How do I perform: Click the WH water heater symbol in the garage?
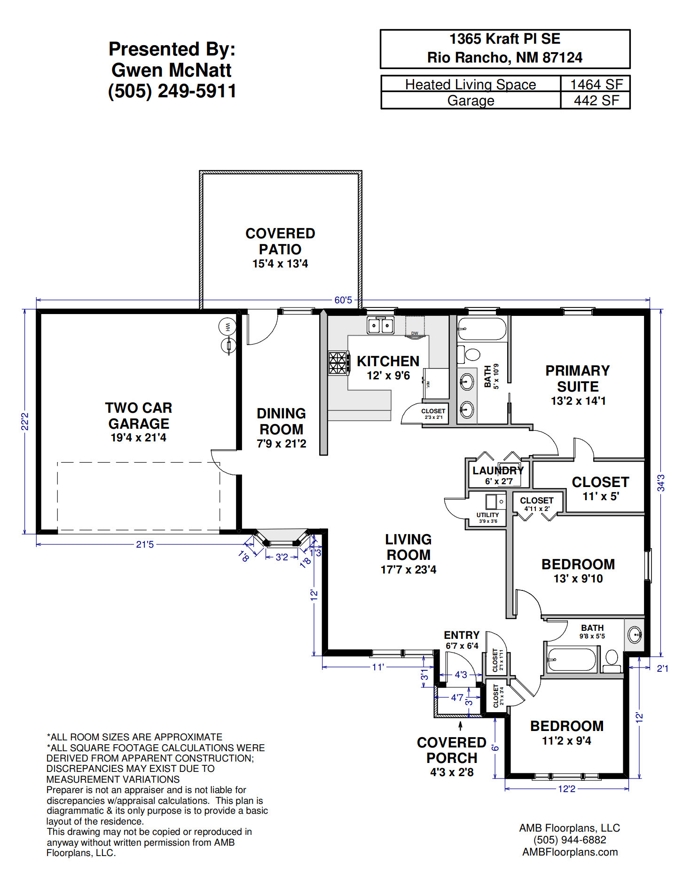pyautogui.click(x=228, y=326)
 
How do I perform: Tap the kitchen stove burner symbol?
pyautogui.click(x=338, y=363)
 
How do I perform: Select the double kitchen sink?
pyautogui.click(x=381, y=325)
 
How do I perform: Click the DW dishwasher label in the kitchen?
pyautogui.click(x=415, y=333)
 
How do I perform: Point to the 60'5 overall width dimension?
pyautogui.click(x=343, y=300)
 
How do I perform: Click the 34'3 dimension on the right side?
pyautogui.click(x=661, y=483)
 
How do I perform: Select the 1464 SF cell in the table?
pyautogui.click(x=596, y=84)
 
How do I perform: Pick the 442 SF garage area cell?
pyautogui.click(x=596, y=100)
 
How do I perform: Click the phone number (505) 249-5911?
pyautogui.click(x=172, y=91)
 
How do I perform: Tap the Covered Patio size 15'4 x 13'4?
pyautogui.click(x=280, y=264)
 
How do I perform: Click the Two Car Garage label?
pyautogui.click(x=139, y=416)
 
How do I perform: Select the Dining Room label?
pyautogui.click(x=281, y=421)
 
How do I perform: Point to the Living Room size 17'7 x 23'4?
pyautogui.click(x=408, y=570)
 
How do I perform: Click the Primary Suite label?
pyautogui.click(x=578, y=378)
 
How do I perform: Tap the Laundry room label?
pyautogui.click(x=498, y=471)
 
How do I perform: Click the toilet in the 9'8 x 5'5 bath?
pyautogui.click(x=612, y=660)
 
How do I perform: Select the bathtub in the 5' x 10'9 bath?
pyautogui.click(x=482, y=329)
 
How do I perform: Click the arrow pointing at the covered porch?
pyautogui.click(x=460, y=726)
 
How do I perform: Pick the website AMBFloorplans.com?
pyautogui.click(x=570, y=852)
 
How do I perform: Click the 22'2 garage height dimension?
pyautogui.click(x=25, y=421)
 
